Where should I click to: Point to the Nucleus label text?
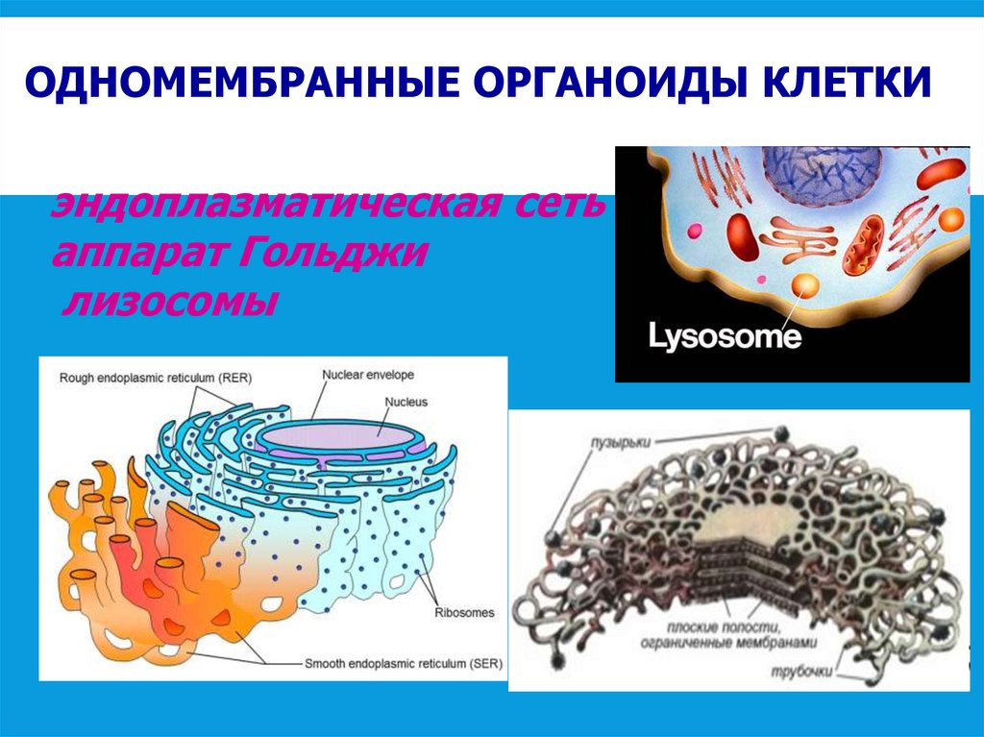406,402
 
